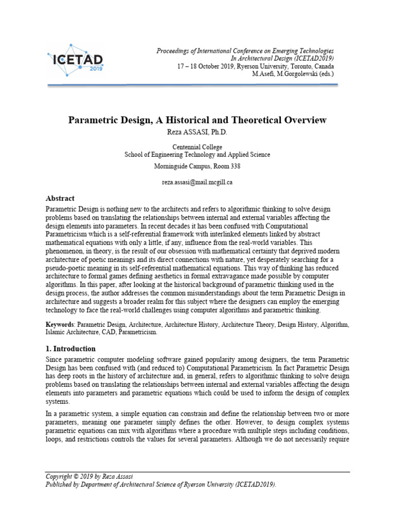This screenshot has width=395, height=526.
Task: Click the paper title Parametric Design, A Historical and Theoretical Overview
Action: [197, 120]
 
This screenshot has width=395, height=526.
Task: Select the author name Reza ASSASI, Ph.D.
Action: [197, 132]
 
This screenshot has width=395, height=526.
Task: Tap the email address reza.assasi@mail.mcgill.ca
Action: [197, 182]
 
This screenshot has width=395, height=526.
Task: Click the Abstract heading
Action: [60, 198]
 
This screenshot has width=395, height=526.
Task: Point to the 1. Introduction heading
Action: [70, 349]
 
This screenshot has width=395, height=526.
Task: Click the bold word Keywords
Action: [60, 325]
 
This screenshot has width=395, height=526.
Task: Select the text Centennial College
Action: [197, 147]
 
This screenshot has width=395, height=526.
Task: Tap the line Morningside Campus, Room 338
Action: [197, 166]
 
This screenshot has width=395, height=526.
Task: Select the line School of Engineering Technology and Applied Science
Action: [197, 155]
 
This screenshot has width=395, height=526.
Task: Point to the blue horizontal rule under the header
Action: [197, 85]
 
